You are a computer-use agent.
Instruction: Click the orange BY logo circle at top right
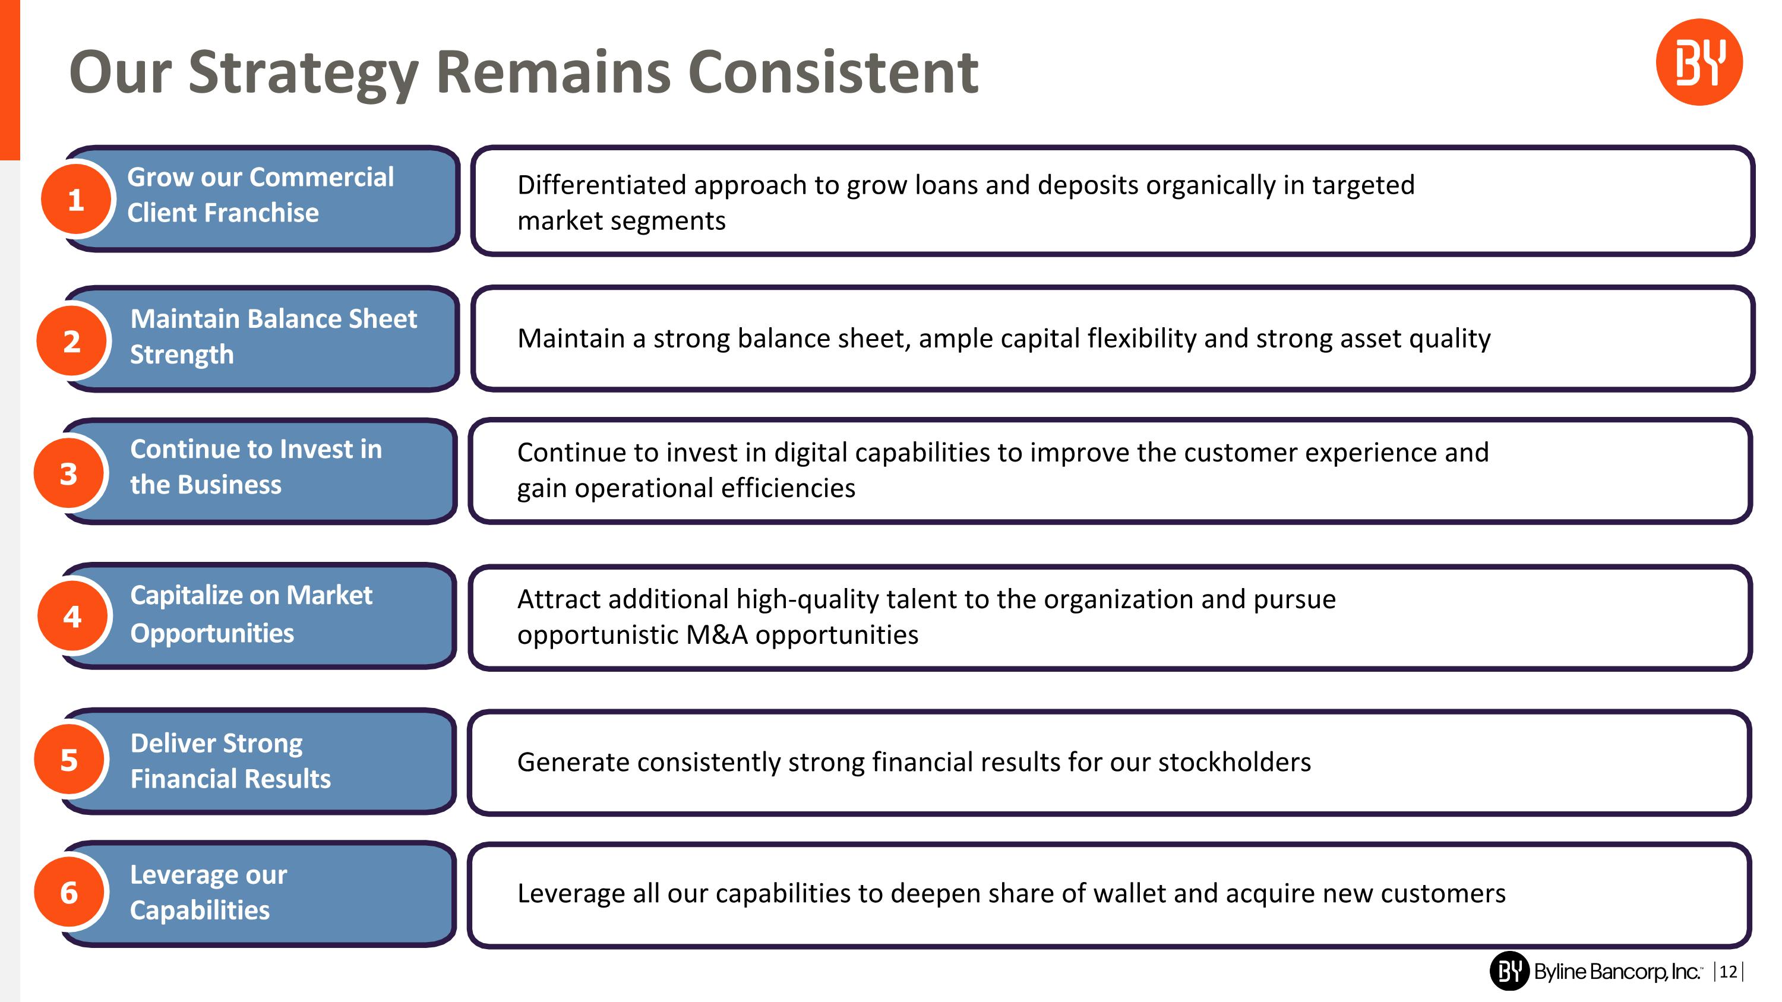pyautogui.click(x=1698, y=62)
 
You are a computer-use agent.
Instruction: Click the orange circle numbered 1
pyautogui.click(x=76, y=200)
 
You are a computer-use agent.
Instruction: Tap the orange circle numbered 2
pyautogui.click(x=72, y=341)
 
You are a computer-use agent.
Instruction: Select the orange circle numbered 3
pyautogui.click(x=68, y=474)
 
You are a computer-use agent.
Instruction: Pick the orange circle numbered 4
pyautogui.click(x=72, y=616)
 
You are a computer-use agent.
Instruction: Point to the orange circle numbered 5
pyautogui.click(x=69, y=760)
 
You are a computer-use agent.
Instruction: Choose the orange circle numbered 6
pyautogui.click(x=69, y=892)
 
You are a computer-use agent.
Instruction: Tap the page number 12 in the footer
pyautogui.click(x=1728, y=972)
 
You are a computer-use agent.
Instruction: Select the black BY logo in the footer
pyautogui.click(x=1509, y=971)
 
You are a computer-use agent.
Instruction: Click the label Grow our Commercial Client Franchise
pyautogui.click(x=260, y=195)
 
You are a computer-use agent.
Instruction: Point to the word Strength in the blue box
pyautogui.click(x=182, y=355)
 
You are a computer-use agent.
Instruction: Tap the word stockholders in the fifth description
pyautogui.click(x=1234, y=762)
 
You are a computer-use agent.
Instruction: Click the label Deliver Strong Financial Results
pyautogui.click(x=230, y=761)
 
